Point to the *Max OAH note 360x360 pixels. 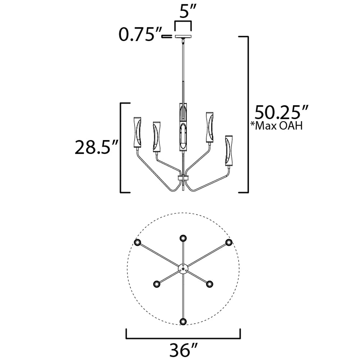pyautogui.click(x=276, y=126)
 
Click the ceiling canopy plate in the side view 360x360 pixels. pyautogui.click(x=183, y=36)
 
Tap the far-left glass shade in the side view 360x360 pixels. pyautogui.click(x=137, y=132)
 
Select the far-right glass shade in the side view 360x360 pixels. pyautogui.click(x=229, y=150)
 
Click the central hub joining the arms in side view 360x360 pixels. pyautogui.click(x=183, y=178)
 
